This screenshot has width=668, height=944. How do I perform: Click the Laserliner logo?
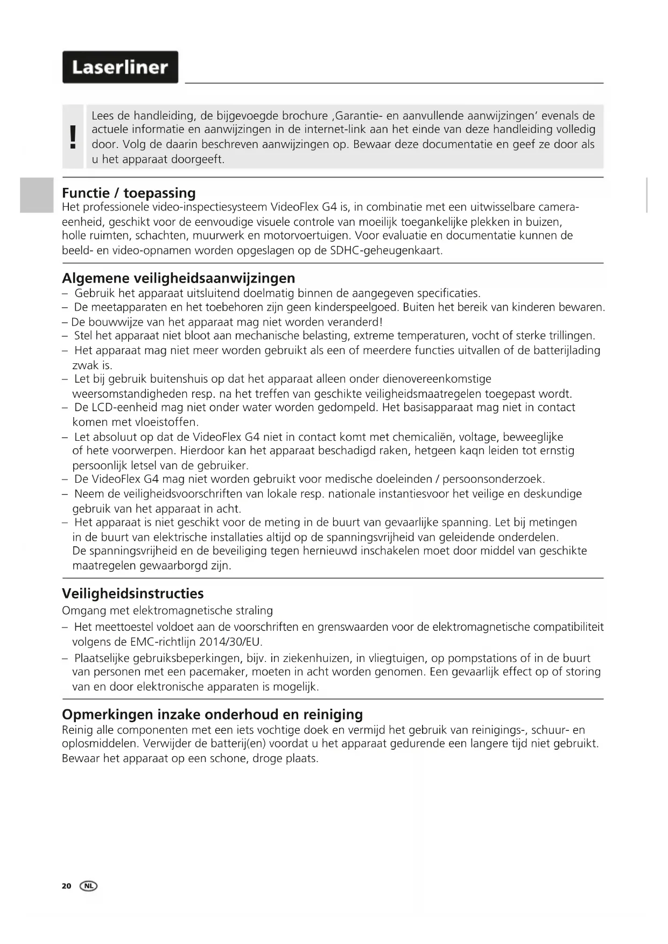click(120, 67)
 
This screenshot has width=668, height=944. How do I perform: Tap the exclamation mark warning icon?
click(73, 137)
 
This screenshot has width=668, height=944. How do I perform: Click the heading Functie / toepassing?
click(129, 193)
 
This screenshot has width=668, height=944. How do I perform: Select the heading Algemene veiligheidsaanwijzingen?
click(178, 278)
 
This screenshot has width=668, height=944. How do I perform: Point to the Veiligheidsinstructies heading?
click(132, 593)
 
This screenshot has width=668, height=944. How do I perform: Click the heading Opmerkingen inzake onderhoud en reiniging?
click(212, 714)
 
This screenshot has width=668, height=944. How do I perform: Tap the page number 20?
click(66, 885)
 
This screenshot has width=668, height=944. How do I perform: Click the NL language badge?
click(89, 885)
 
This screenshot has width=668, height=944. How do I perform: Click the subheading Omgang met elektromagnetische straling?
click(167, 610)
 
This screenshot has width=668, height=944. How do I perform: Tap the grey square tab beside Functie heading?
click(37, 195)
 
